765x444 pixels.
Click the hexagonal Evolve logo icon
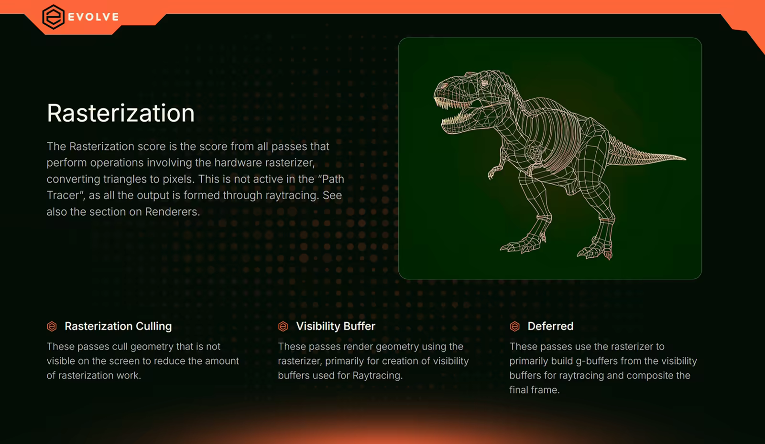(53, 17)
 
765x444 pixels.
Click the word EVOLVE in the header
(94, 17)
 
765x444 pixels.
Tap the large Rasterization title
(120, 113)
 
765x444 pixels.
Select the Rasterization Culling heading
(118, 326)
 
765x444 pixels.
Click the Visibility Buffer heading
(335, 326)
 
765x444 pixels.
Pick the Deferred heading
(550, 326)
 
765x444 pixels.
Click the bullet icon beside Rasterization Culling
(52, 327)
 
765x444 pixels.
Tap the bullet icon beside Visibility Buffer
(283, 327)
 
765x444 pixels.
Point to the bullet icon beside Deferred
(514, 327)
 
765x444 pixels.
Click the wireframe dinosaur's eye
(484, 83)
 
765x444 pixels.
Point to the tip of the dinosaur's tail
(685, 158)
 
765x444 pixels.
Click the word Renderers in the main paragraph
(171, 211)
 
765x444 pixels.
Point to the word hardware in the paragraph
(239, 163)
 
